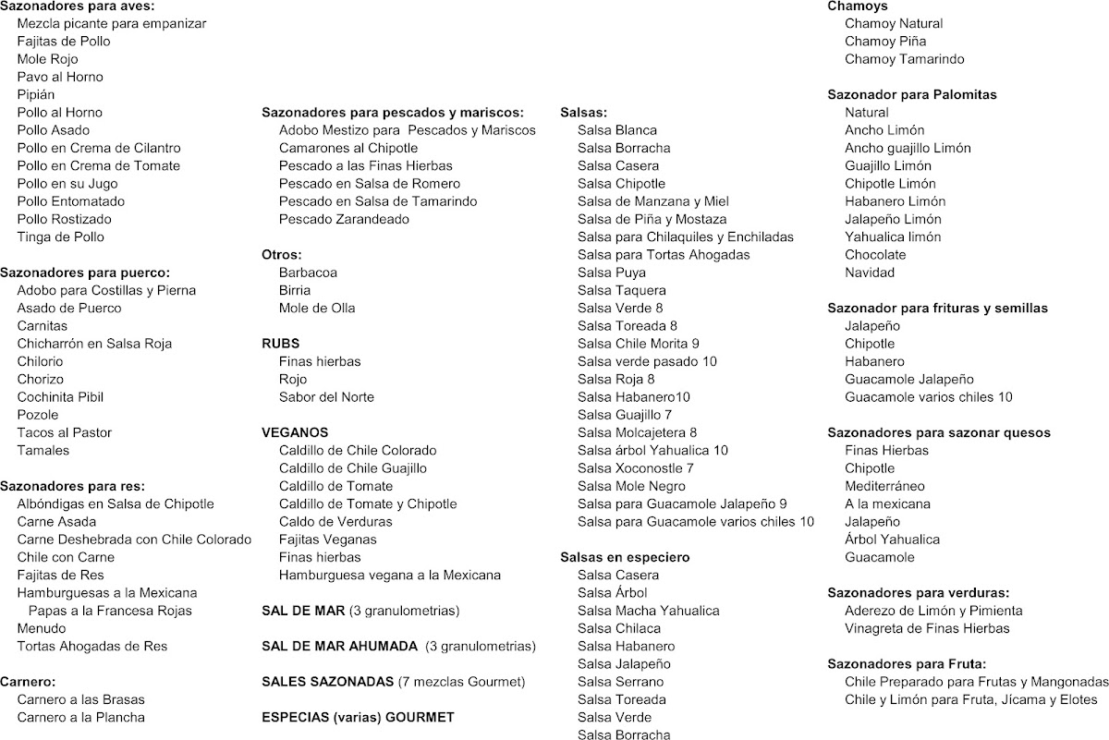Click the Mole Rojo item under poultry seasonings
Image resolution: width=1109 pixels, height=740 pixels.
pyautogui.click(x=47, y=59)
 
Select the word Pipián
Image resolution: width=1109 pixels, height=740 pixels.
pyautogui.click(x=36, y=94)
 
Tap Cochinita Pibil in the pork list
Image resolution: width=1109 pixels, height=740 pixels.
pyautogui.click(x=60, y=396)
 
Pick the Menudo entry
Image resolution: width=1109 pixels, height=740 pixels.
pyautogui.click(x=42, y=628)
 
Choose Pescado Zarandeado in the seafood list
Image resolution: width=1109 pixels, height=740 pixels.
pyautogui.click(x=344, y=219)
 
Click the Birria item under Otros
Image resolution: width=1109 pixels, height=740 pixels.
pyautogui.click(x=295, y=290)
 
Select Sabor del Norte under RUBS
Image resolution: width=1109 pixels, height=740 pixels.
pyautogui.click(x=326, y=397)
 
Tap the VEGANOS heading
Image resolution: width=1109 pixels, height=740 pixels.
pyautogui.click(x=295, y=432)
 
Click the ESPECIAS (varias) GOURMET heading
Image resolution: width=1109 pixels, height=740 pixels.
pyautogui.click(x=359, y=717)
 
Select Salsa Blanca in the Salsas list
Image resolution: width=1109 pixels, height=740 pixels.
pyautogui.click(x=617, y=130)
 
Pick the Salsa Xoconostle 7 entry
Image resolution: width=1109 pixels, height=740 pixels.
pyautogui.click(x=636, y=468)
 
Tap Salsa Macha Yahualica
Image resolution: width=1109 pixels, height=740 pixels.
pyautogui.click(x=648, y=611)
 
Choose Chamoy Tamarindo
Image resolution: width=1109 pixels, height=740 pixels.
pyautogui.click(x=891, y=59)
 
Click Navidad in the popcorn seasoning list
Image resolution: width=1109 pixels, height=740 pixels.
pyautogui.click(x=870, y=273)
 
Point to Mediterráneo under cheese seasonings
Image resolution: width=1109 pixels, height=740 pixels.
pyautogui.click(x=884, y=486)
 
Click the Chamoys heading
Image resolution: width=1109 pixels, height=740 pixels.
pyautogui.click(x=858, y=6)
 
